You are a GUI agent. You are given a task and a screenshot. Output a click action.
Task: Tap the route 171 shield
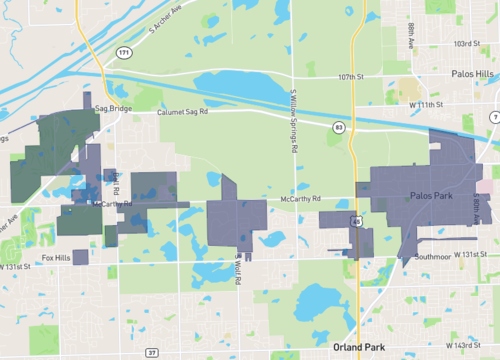coord(123,51)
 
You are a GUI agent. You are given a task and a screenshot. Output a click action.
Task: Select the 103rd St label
coord(465,44)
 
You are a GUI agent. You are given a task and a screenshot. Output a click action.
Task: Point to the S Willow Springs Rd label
coord(294,119)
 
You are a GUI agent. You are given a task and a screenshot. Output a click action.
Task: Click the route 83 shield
coord(340,127)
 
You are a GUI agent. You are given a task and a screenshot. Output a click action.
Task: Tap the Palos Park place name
coord(432,196)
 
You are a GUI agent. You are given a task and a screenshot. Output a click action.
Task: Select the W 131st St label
coord(475,255)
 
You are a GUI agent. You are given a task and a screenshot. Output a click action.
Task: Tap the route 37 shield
coord(152,352)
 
